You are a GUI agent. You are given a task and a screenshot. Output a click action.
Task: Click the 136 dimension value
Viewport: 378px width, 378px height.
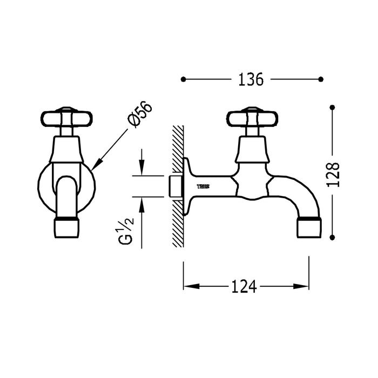(250, 79)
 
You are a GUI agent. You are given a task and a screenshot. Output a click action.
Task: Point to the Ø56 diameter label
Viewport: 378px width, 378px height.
(140, 114)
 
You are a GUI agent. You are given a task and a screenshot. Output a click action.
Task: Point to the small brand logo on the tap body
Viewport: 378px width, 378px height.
(204, 186)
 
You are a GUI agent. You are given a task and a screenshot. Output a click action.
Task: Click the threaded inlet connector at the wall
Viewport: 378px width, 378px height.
(174, 186)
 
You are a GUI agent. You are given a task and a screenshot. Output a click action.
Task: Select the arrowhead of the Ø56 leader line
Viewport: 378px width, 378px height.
(95, 167)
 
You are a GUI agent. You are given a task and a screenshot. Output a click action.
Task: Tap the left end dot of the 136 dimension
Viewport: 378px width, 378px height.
(184, 79)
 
